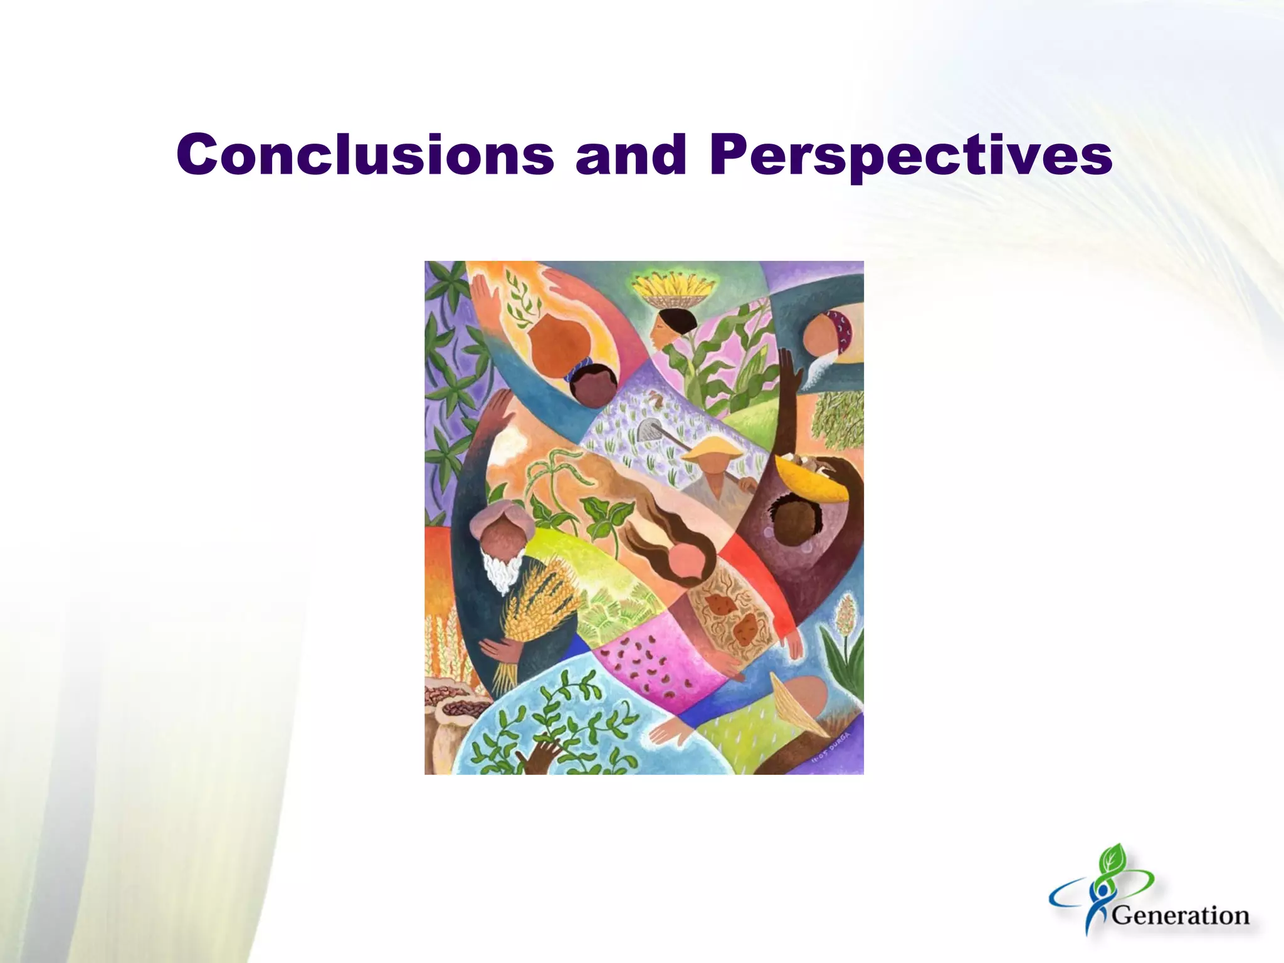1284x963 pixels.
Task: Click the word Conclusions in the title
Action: point(365,154)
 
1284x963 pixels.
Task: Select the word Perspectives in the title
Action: point(910,155)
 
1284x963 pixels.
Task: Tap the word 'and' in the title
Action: point(631,154)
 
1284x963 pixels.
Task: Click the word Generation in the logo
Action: point(1181,916)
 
